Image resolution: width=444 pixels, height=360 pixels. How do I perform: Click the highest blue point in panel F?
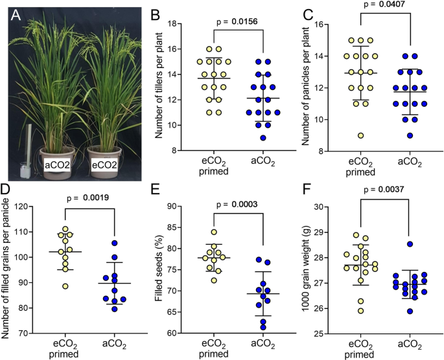coord(409,244)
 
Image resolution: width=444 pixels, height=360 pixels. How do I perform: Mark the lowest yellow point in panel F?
coord(360,311)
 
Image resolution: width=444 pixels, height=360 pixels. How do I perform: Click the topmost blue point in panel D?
coord(114,243)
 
